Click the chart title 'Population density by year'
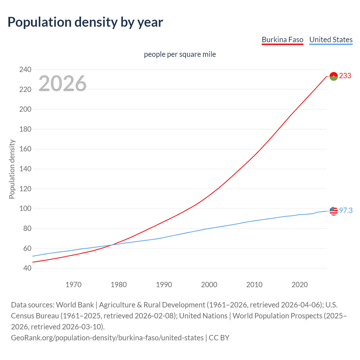(85, 22)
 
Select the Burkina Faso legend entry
(282, 40)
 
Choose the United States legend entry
(331, 40)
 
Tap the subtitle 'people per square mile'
(180, 54)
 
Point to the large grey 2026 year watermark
(62, 83)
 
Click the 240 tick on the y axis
(25, 69)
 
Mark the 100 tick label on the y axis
(25, 209)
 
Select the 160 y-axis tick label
(25, 149)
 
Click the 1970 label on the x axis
(73, 285)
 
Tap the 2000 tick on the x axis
(209, 285)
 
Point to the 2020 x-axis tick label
(300, 285)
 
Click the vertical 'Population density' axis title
(12, 169)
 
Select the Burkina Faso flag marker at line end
(334, 76)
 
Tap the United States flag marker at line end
(334, 211)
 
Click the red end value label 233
(345, 76)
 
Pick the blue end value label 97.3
(346, 210)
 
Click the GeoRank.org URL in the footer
(107, 337)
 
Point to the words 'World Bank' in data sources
(75, 305)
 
